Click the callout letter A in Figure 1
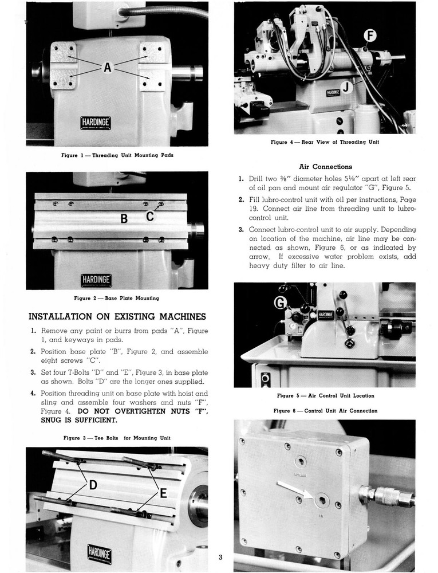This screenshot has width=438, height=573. [107, 68]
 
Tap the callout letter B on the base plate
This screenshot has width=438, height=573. [123, 218]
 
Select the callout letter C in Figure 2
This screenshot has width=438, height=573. [150, 216]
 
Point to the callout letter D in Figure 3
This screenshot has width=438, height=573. [92, 485]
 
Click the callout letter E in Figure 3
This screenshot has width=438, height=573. [163, 492]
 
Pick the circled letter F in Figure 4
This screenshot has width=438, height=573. [370, 37]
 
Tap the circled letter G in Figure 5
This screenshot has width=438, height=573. [282, 302]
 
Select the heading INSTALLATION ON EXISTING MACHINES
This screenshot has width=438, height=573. [117, 317]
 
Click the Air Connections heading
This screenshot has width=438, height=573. [325, 167]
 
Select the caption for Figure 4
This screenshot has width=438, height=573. [325, 142]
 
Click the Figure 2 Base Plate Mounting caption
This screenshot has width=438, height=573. [116, 298]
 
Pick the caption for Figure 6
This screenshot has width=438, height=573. [325, 411]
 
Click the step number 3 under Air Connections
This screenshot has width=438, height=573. [241, 230]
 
